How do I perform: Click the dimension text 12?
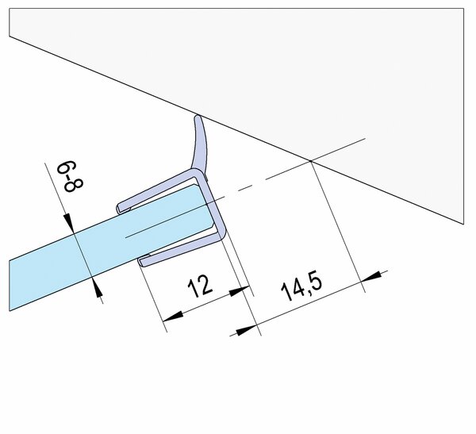200,286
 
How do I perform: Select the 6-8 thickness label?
70,176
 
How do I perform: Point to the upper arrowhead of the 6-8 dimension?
69,221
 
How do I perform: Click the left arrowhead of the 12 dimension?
172,316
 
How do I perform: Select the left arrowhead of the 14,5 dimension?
247,330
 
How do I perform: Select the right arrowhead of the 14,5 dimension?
371,276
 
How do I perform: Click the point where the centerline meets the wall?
310,160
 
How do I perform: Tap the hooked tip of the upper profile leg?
119,208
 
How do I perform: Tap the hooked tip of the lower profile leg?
141,262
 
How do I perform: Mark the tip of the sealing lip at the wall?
198,115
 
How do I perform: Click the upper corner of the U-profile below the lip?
198,170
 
